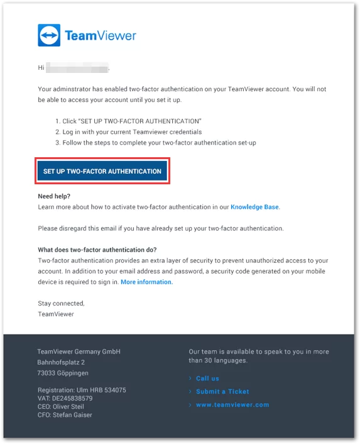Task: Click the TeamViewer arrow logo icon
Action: pos(49,36)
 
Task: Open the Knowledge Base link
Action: pos(254,206)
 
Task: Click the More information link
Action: pos(146,282)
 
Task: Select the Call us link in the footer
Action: pos(207,379)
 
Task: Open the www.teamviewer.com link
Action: pos(232,405)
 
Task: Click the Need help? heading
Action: pos(54,196)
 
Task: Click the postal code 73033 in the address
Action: pos(46,374)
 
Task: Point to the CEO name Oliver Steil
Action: pos(71,407)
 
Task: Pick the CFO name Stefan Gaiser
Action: pos(75,415)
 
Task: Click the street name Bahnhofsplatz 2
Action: pos(61,363)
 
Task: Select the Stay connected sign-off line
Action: pos(61,303)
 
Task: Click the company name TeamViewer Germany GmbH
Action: pos(79,352)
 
